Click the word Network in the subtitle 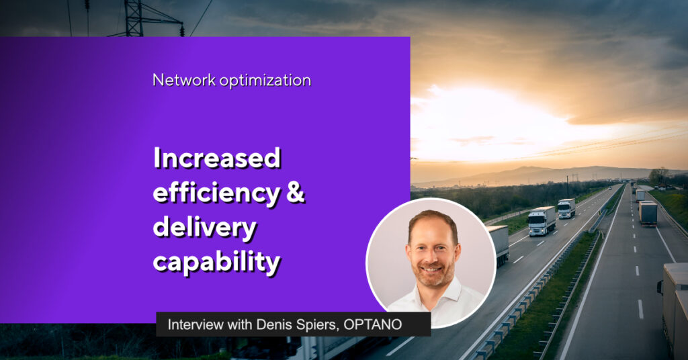click(x=184, y=80)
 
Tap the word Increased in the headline click(x=217, y=158)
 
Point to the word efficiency click(x=217, y=193)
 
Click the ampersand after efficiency click(x=296, y=193)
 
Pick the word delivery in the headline click(x=204, y=228)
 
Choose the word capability click(x=216, y=262)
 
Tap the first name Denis click(x=267, y=324)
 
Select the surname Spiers click(x=312, y=325)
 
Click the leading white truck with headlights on click(x=542, y=221)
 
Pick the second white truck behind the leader click(x=566, y=208)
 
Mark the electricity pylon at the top click(x=140, y=18)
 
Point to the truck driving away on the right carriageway click(x=648, y=213)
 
